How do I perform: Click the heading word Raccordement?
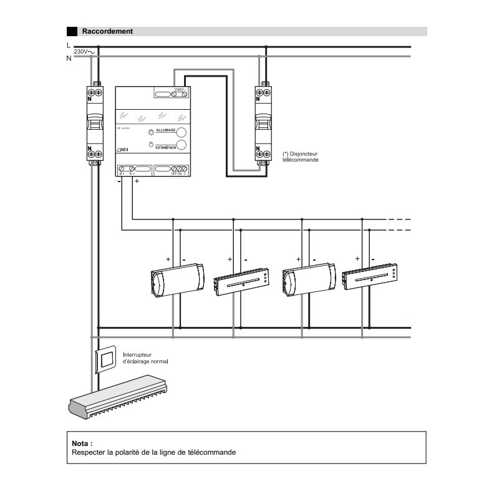pos(107,31)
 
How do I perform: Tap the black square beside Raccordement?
pos(72,31)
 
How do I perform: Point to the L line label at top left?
pos(69,46)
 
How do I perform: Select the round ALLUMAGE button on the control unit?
pos(183,132)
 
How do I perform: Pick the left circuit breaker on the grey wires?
pos(95,123)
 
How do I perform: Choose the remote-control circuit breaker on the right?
pos(264,123)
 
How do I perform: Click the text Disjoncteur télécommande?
pos(301,156)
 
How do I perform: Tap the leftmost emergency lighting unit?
pos(177,280)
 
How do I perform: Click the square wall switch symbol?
pos(105,357)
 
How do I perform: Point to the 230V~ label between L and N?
pos(83,52)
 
